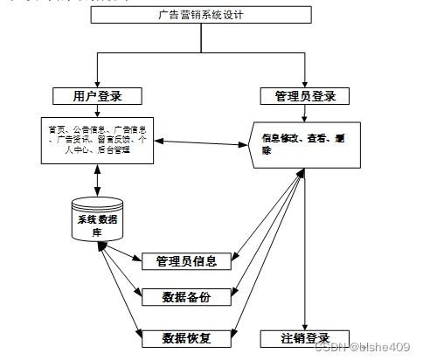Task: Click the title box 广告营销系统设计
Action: click(200, 16)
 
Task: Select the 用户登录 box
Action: click(97, 95)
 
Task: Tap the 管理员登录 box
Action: click(305, 96)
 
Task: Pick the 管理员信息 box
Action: click(187, 260)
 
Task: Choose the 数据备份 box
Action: click(187, 297)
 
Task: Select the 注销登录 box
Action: click(305, 337)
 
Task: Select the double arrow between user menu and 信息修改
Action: click(199, 142)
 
